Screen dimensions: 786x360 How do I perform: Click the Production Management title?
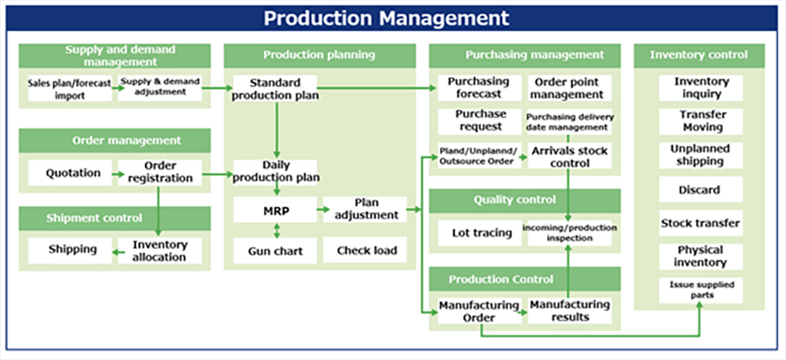(386, 18)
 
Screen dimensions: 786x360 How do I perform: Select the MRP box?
(275, 210)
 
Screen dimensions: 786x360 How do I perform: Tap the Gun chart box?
(275, 251)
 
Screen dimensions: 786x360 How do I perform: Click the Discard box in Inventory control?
(700, 189)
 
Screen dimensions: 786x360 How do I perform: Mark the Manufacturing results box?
(569, 311)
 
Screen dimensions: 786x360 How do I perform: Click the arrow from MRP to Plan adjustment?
(320, 210)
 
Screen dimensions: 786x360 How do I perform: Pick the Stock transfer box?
(700, 223)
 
